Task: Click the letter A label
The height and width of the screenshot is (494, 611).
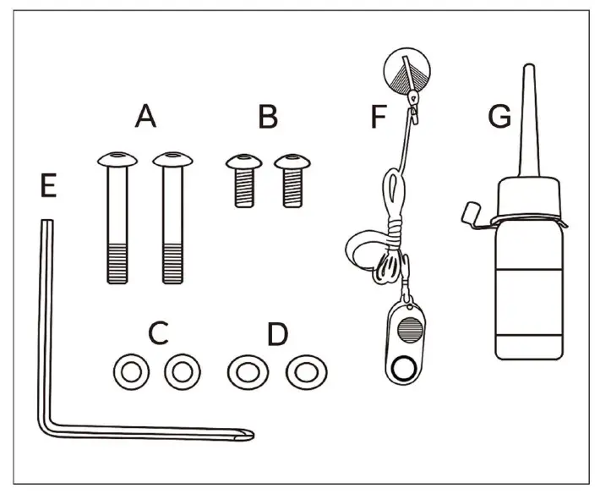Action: point(145,116)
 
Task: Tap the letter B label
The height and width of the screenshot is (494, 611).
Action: point(268,116)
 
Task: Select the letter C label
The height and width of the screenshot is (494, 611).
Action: point(159,333)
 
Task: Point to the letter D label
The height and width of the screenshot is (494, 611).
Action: point(278,334)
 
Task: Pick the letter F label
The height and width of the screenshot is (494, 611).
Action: point(379,116)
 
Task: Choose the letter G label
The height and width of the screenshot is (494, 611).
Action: point(499,116)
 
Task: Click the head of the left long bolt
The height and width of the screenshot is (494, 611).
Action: point(117,159)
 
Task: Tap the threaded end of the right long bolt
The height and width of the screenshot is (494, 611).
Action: point(172,264)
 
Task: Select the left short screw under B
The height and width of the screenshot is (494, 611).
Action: point(244,180)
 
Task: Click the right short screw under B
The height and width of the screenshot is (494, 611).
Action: point(292,180)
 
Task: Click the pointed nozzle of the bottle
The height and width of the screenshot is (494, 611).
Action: point(529,120)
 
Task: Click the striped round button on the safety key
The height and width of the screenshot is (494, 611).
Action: point(410,330)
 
